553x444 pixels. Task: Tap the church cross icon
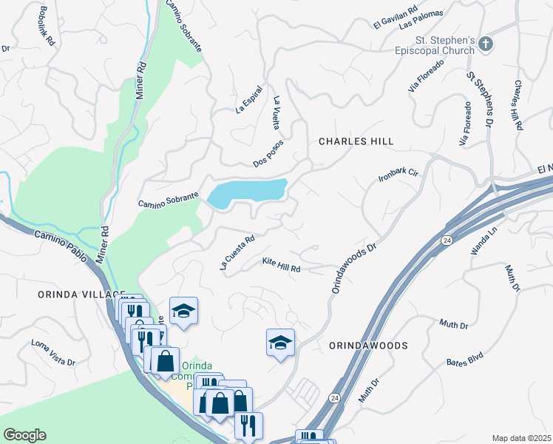click(485, 44)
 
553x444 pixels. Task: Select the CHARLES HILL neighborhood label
click(356, 141)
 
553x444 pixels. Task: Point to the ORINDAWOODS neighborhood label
click(368, 346)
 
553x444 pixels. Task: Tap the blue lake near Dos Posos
click(247, 192)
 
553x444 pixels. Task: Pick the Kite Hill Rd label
click(282, 265)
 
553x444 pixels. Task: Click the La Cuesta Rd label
click(237, 252)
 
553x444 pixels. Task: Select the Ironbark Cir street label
click(398, 176)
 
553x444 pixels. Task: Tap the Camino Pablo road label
click(63, 247)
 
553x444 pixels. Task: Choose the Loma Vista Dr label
click(53, 353)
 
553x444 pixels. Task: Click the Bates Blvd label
click(464, 360)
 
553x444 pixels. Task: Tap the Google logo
click(24, 435)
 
